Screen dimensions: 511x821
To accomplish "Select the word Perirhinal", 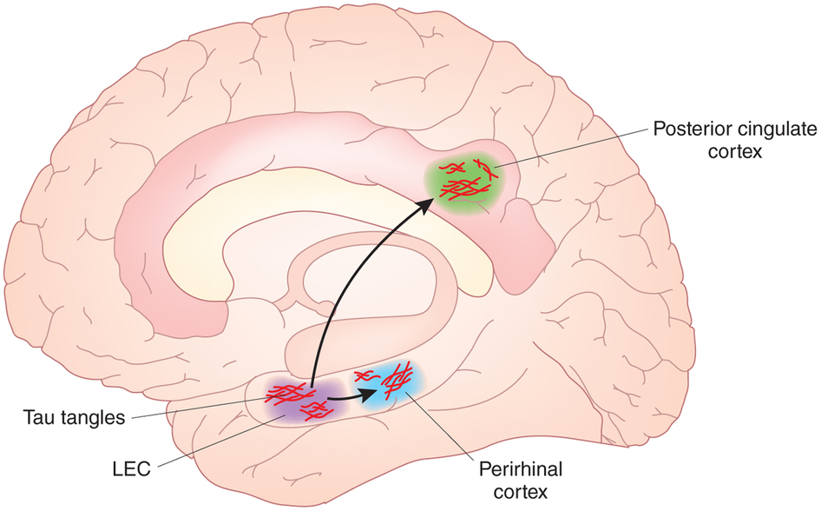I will (x=521, y=470).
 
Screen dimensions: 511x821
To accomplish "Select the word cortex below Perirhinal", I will (x=521, y=491).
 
